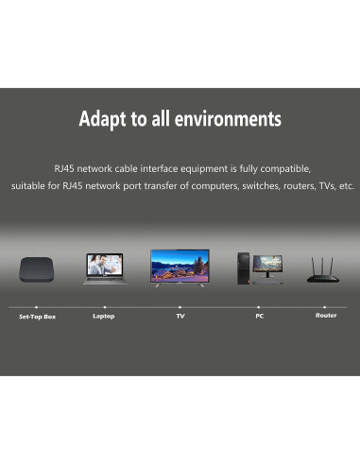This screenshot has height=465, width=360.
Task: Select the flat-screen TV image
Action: click(180, 266)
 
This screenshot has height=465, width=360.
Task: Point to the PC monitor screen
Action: click(267, 263)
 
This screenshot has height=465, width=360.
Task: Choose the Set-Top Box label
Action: click(38, 317)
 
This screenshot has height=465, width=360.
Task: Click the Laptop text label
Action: click(104, 316)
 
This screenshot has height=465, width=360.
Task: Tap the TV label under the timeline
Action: click(180, 316)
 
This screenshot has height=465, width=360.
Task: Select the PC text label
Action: click(259, 316)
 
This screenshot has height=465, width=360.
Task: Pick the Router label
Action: click(326, 316)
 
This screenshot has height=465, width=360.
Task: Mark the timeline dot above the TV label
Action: click(180, 307)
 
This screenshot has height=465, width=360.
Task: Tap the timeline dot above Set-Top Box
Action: click(37, 307)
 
